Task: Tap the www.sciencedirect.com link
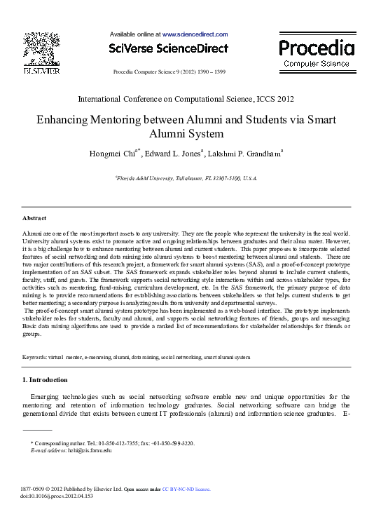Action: coord(195,34)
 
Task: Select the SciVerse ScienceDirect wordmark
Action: coord(169,48)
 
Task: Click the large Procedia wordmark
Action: coord(317,48)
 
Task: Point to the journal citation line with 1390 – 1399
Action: coord(169,72)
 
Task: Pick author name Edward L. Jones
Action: coord(173,154)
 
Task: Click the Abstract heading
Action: coord(35,219)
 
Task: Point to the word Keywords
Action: coord(34,357)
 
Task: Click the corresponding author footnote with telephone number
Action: coord(113,443)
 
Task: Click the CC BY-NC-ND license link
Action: coord(186,489)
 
